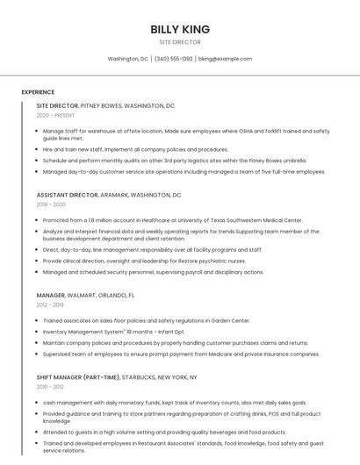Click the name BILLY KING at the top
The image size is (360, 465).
(x=179, y=29)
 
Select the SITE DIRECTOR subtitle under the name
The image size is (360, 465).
(x=179, y=42)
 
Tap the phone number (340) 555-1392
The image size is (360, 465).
(x=173, y=59)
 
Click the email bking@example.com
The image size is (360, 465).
(x=225, y=59)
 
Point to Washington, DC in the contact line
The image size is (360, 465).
(x=127, y=59)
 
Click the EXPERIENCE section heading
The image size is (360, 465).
(x=38, y=92)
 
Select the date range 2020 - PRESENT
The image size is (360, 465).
(x=55, y=115)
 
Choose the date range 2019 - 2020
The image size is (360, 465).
(x=51, y=204)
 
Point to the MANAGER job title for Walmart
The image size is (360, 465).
(x=51, y=296)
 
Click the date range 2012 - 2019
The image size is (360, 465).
(x=50, y=305)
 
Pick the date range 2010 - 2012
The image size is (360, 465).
(x=50, y=386)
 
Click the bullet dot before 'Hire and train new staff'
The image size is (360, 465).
(x=37, y=150)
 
